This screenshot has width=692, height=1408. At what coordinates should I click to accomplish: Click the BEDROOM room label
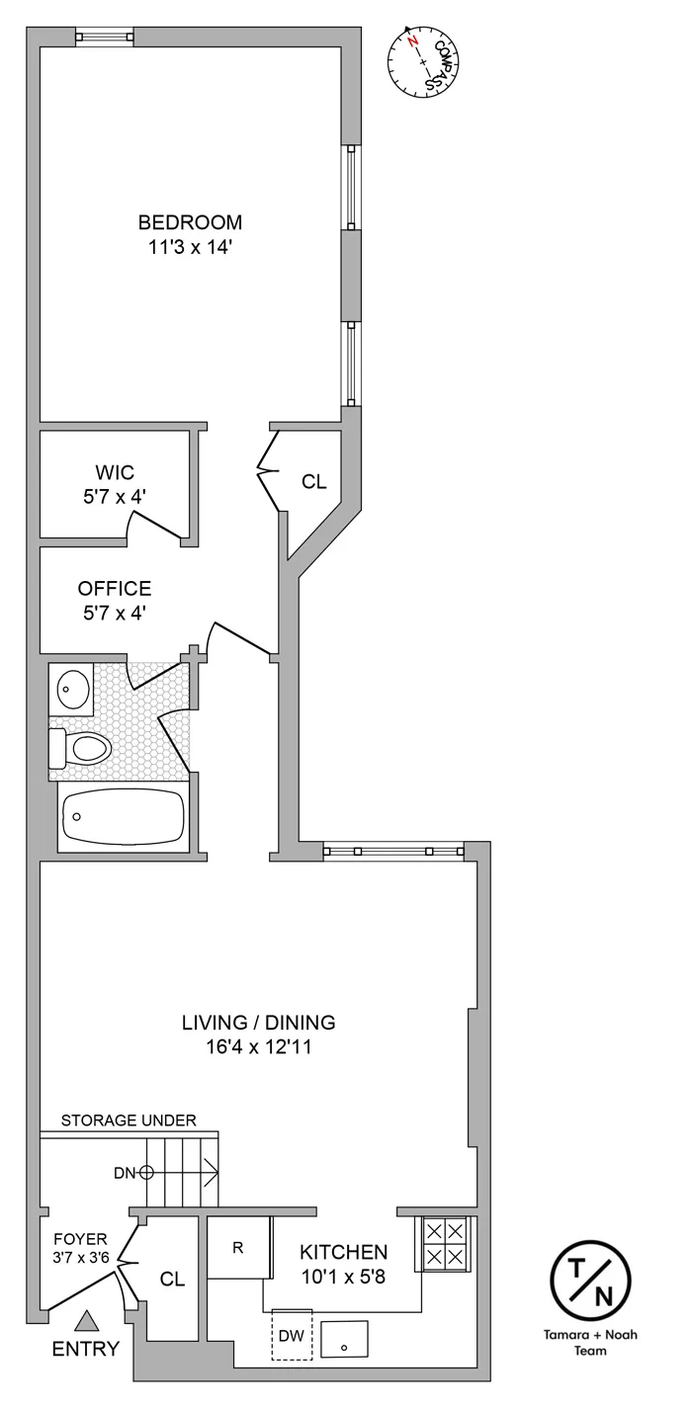pos(190,222)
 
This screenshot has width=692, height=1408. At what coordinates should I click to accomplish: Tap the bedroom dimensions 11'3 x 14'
pos(190,247)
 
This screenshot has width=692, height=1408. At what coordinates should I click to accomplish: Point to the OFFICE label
pos(115,589)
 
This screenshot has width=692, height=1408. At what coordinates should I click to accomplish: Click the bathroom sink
pos(71,690)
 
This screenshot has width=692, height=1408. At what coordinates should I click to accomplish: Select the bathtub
pos(124,818)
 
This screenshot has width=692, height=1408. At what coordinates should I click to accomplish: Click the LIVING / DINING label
pos(259,1023)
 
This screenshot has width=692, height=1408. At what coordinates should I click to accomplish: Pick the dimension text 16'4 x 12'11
pos(259,1047)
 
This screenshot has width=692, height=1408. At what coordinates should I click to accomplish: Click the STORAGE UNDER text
pos(129,1120)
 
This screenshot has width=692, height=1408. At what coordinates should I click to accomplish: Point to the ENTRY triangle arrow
pos(88,1320)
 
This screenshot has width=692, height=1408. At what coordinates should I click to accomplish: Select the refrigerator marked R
pos(239,1247)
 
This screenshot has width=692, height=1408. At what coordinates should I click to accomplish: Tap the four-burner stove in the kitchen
pos(444,1243)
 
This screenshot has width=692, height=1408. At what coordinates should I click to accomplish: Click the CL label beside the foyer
pos(173,1280)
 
